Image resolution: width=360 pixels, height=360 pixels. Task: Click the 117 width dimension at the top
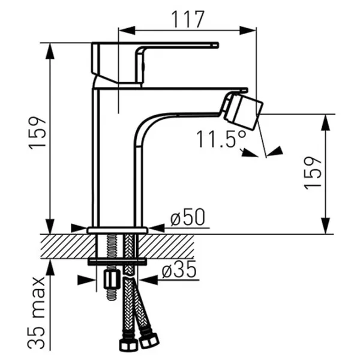188,19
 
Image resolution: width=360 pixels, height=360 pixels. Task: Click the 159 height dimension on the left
37,133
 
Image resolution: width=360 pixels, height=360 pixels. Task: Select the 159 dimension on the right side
312,173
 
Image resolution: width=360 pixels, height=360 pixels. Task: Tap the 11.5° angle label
221,139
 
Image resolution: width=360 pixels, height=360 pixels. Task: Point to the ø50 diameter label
188,217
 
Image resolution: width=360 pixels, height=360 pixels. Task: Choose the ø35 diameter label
179,269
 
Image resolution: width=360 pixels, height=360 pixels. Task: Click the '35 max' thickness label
37,313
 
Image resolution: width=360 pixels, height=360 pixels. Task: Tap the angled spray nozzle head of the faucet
243,110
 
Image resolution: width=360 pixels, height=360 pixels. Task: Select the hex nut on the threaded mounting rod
112,279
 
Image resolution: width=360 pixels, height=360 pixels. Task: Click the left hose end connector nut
128,344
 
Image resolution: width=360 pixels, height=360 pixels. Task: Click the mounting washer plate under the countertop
117,262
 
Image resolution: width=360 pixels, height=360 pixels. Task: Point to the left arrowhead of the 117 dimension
127,31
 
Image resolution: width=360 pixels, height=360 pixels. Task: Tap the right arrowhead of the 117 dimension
248,31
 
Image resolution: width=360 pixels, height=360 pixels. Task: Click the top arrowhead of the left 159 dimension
50,52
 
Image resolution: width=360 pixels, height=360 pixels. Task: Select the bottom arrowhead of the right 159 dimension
326,226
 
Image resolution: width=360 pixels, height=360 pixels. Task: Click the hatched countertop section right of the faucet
166,247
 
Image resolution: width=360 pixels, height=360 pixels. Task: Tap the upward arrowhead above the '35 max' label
50,267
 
